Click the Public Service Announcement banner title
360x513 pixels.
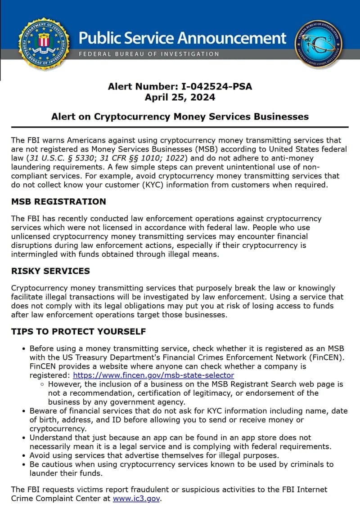click(182, 37)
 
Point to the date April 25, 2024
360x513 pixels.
click(180, 97)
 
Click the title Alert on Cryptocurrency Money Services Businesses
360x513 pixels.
click(180, 117)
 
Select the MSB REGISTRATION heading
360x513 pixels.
click(58, 201)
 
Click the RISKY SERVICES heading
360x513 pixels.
click(50, 271)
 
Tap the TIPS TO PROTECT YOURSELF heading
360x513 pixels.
click(78, 331)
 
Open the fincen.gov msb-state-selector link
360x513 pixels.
click(153, 375)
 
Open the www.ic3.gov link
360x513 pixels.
click(136, 498)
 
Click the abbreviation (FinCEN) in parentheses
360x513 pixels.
click(327, 357)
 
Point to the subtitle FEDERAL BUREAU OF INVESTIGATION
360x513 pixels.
click(149, 54)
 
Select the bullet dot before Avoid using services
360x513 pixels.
click(23, 455)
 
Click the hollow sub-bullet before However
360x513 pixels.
click(42, 384)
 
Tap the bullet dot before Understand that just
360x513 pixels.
click(23, 437)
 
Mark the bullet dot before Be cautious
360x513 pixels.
click(23, 464)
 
